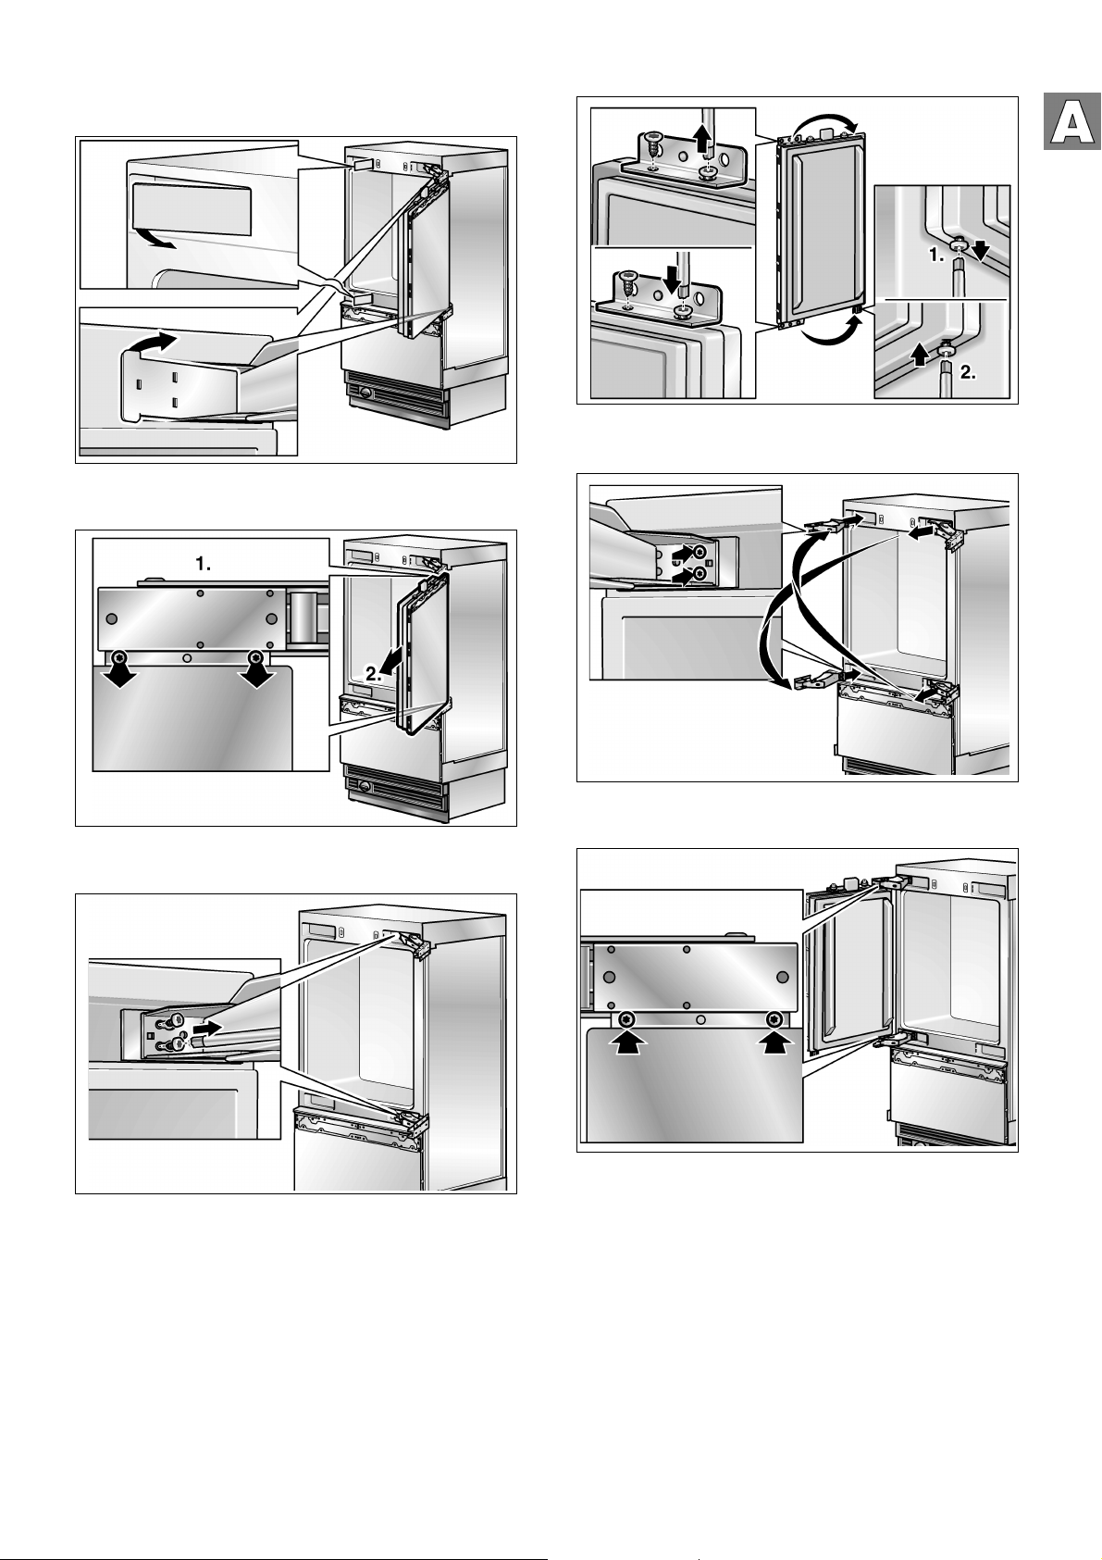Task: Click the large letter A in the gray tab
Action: click(x=1071, y=122)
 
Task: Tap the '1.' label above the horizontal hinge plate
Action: click(x=204, y=565)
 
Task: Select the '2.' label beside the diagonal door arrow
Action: click(x=374, y=673)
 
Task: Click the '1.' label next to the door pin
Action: click(x=936, y=256)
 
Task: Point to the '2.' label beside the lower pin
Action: click(x=968, y=373)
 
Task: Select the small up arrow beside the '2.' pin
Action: click(x=920, y=356)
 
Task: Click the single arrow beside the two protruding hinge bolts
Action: click(x=208, y=1028)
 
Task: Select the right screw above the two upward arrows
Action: click(x=774, y=1019)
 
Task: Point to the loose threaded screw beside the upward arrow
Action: click(x=653, y=147)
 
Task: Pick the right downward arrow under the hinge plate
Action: click(x=257, y=676)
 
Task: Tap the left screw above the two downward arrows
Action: click(x=120, y=655)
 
